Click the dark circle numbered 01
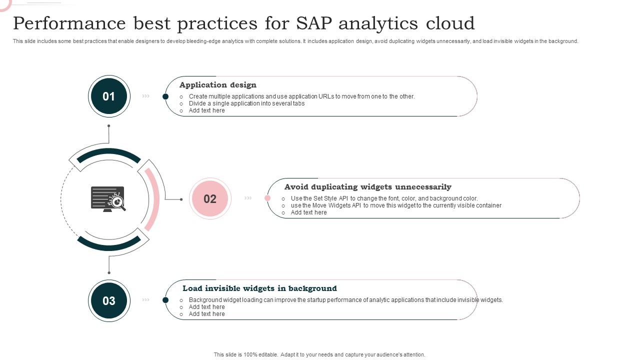pos(109,96)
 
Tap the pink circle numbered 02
pos(210,198)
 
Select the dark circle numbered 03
pos(109,300)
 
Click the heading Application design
pos(218,85)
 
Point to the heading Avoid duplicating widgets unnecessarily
pos(368,187)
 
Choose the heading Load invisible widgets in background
pos(259,288)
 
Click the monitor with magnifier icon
pos(108,199)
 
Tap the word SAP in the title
pos(314,23)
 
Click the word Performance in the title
pos(69,23)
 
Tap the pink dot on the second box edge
pos(267,198)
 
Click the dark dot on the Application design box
pos(165,96)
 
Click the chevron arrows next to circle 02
pos(248,198)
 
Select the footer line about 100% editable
pos(319,354)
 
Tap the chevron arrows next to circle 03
pos(145,299)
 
